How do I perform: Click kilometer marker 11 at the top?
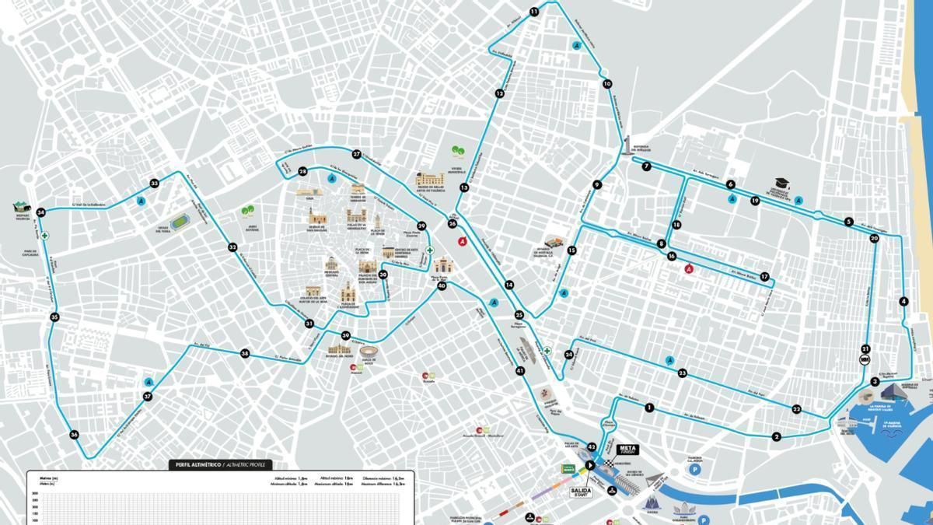pyautogui.click(x=534, y=12)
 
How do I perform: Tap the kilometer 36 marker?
pyautogui.click(x=74, y=435)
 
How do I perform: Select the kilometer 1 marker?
pyautogui.click(x=648, y=408)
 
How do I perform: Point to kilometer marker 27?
pyautogui.click(x=356, y=154)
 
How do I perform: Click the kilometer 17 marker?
pyautogui.click(x=764, y=277)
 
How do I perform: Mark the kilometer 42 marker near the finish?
pyautogui.click(x=592, y=447)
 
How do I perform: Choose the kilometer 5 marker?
pyautogui.click(x=848, y=222)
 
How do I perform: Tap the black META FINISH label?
pyautogui.click(x=627, y=450)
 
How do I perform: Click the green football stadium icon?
pyautogui.click(x=180, y=221)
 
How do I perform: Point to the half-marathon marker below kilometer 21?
pyautogui.click(x=864, y=359)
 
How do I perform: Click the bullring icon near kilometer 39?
pyautogui.click(x=366, y=355)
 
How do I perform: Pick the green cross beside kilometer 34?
pyautogui.click(x=45, y=234)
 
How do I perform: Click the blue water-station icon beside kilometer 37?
pyautogui.click(x=149, y=382)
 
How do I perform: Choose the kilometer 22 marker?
pyautogui.click(x=796, y=409)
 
